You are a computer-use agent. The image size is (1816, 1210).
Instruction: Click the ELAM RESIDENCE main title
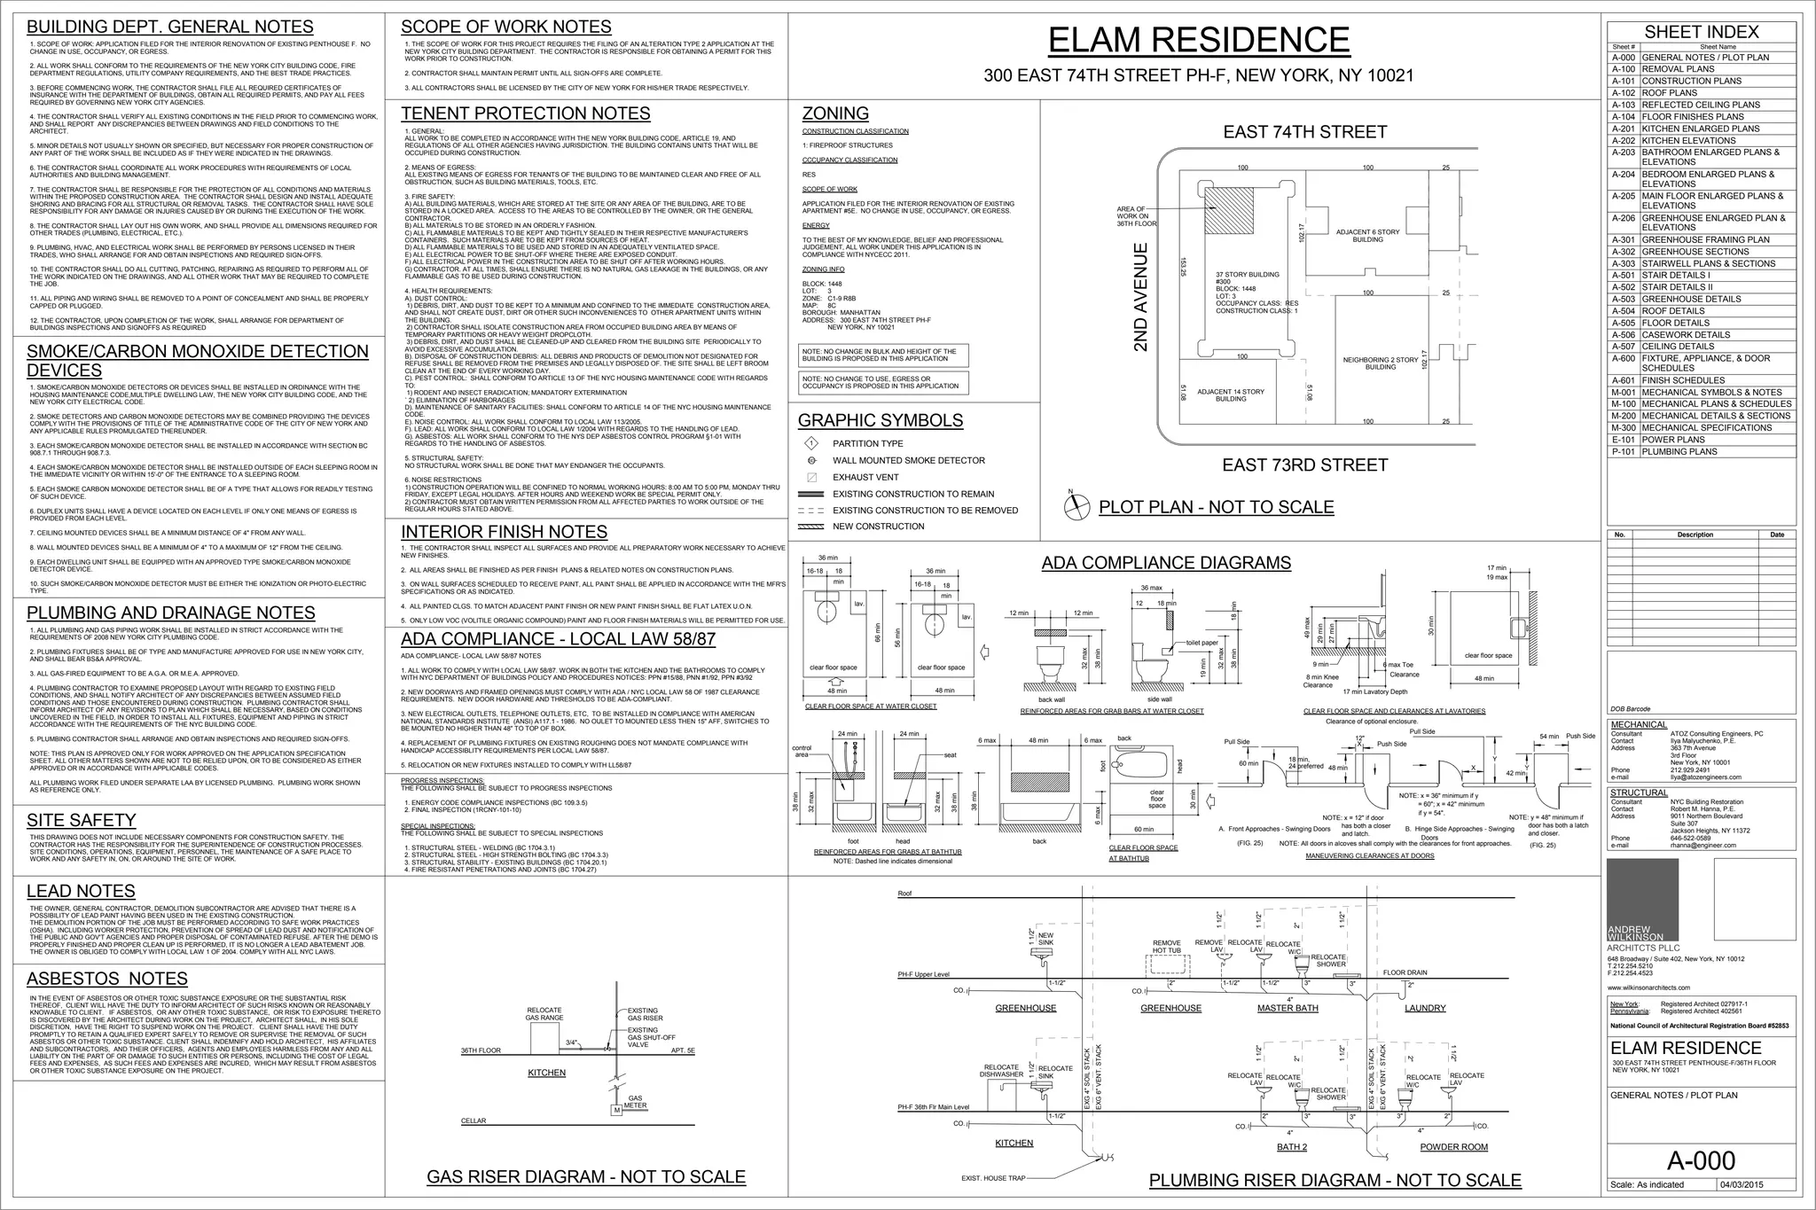1198,41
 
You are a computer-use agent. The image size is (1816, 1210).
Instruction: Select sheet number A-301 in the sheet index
1624,239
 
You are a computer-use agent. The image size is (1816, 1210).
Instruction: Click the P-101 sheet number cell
1624,452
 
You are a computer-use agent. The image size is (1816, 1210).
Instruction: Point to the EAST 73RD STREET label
1304,465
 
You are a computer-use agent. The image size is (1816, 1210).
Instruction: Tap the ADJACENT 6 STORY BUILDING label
1367,236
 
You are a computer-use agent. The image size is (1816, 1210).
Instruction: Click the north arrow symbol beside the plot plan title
1076,506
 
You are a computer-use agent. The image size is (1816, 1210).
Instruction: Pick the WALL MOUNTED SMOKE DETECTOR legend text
908,461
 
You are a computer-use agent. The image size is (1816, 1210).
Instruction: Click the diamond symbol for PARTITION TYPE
810,444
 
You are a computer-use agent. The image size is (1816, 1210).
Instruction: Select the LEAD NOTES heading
81,891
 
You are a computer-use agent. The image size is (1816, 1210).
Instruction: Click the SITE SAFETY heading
81,821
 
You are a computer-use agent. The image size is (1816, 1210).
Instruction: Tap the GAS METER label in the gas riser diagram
636,1102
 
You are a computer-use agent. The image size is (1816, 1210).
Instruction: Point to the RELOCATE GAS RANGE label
544,1014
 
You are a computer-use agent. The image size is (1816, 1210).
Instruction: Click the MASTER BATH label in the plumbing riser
1288,1008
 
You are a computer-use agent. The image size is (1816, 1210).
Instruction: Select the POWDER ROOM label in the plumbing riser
1453,1147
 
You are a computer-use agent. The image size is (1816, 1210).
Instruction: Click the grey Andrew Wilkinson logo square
1642,897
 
